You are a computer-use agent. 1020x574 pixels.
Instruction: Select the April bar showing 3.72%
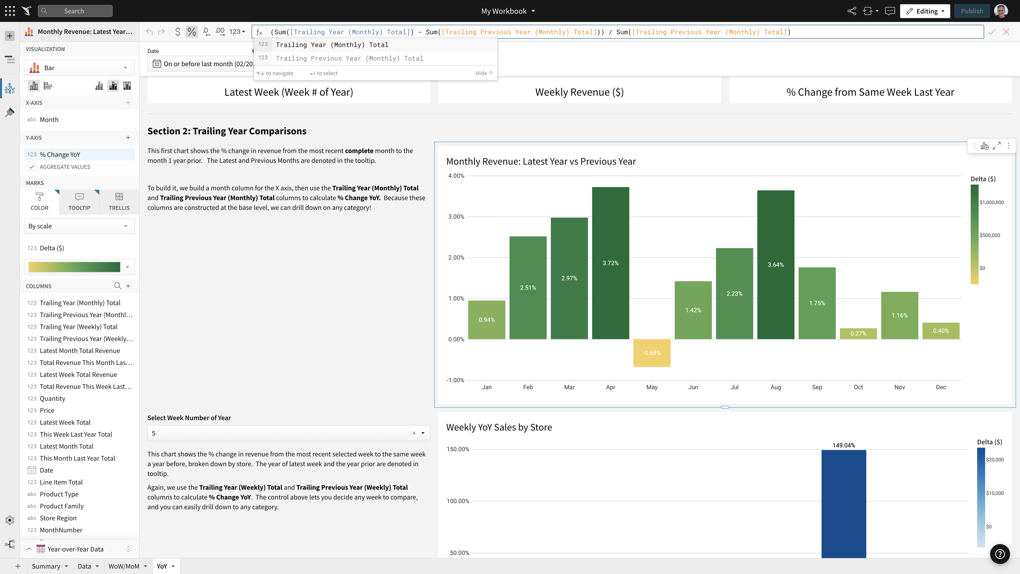coord(610,263)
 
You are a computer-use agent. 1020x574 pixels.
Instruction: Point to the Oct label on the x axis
coord(858,387)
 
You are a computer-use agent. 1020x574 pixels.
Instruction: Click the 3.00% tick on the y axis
coord(456,217)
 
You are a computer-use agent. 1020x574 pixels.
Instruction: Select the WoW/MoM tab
coord(124,566)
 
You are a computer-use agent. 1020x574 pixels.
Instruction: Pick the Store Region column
coord(58,518)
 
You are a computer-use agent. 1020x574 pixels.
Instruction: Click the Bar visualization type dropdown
coord(79,68)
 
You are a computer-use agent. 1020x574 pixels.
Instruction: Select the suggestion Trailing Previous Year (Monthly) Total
coord(349,58)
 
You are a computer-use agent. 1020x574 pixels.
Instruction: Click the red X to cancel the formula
coord(1006,32)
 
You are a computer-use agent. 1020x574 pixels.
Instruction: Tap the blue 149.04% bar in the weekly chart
coord(843,503)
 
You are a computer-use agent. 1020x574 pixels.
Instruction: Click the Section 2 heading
coord(227,131)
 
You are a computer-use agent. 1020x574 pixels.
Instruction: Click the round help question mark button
coord(999,554)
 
